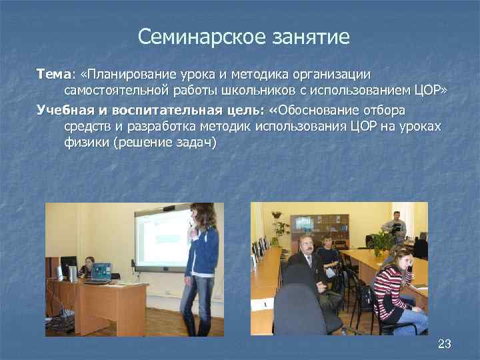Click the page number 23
click(x=444, y=344)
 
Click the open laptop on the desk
click(x=101, y=272)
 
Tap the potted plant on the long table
click(x=382, y=240)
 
